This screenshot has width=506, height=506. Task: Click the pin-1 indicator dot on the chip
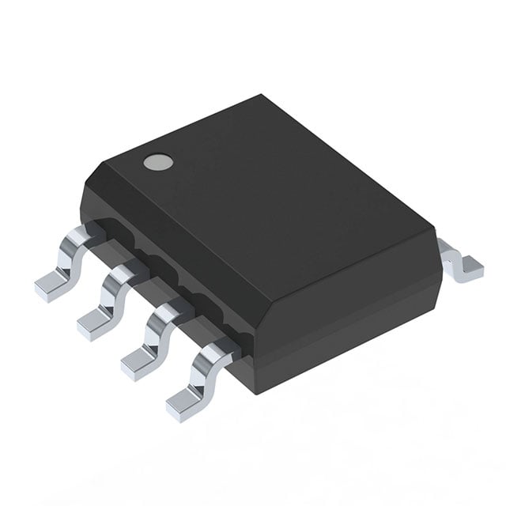tap(157, 163)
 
